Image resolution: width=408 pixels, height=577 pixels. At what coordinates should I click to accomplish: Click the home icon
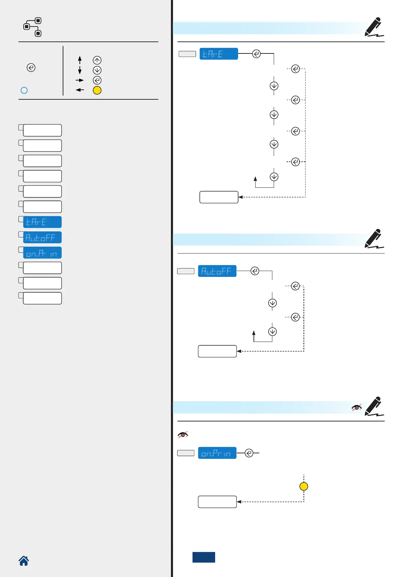(24, 561)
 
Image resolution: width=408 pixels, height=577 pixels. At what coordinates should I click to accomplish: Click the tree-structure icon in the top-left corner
(33, 27)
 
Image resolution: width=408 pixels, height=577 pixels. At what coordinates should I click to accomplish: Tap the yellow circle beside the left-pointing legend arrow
(97, 90)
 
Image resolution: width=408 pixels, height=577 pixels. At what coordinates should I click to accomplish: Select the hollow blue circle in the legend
(24, 90)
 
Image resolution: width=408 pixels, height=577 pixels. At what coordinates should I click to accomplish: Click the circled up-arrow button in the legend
(97, 60)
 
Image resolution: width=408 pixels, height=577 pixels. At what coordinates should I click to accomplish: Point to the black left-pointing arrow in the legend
(80, 90)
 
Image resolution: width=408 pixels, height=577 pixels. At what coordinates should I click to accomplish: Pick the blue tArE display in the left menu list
(42, 222)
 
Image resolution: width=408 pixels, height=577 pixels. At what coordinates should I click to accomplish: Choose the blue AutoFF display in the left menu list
(42, 237)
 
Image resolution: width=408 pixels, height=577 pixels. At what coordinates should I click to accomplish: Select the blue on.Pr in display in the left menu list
(42, 253)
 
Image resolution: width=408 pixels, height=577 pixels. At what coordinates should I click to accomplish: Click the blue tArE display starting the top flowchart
(219, 54)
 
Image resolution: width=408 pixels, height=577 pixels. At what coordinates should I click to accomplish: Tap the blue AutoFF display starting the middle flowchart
(217, 271)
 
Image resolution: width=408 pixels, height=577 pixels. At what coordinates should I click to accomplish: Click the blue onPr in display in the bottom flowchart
(217, 453)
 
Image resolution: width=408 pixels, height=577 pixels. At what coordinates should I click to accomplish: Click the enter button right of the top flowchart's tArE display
(256, 54)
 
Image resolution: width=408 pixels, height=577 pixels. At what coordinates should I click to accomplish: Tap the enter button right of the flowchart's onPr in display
(249, 453)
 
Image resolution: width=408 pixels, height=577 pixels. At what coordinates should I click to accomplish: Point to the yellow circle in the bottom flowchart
(304, 487)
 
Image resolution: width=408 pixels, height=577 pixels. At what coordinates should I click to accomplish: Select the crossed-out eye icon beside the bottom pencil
(357, 407)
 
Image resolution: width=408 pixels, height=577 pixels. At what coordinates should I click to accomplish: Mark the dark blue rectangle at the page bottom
(204, 557)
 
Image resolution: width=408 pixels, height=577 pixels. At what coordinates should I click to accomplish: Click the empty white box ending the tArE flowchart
(219, 197)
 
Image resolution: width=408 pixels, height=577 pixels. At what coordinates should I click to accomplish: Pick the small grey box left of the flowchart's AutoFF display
(186, 271)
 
